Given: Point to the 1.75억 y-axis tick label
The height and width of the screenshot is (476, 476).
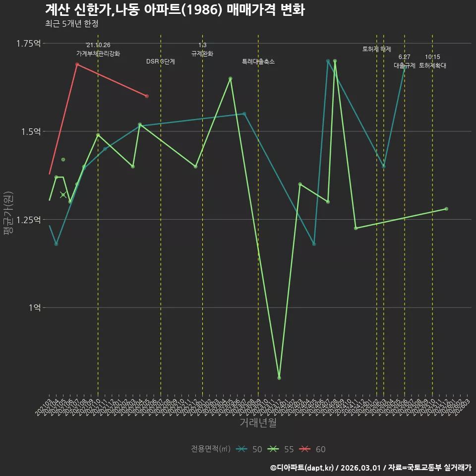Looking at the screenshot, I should (28, 44).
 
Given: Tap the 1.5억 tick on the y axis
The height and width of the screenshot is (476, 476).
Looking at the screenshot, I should (31, 131).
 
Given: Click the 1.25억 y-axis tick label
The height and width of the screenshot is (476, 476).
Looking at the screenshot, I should (28, 220).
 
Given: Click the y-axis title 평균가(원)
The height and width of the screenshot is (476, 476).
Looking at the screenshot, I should (8, 213).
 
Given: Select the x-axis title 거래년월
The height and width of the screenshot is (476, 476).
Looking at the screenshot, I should (258, 422).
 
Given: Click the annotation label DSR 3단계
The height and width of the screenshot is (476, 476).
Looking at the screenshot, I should (160, 62).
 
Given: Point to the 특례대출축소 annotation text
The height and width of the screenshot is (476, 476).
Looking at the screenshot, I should (258, 62).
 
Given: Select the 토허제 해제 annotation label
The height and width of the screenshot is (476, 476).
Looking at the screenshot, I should (377, 49).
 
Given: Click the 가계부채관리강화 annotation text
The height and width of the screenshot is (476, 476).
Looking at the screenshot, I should (98, 54).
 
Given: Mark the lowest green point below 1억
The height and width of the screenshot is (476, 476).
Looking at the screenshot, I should (279, 378).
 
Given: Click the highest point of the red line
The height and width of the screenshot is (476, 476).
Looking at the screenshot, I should (77, 64).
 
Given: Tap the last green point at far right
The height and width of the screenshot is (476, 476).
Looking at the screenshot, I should (446, 209).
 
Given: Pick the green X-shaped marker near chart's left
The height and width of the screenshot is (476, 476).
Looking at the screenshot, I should (63, 195).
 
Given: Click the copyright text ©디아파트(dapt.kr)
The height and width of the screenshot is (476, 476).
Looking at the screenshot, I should (302, 468).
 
